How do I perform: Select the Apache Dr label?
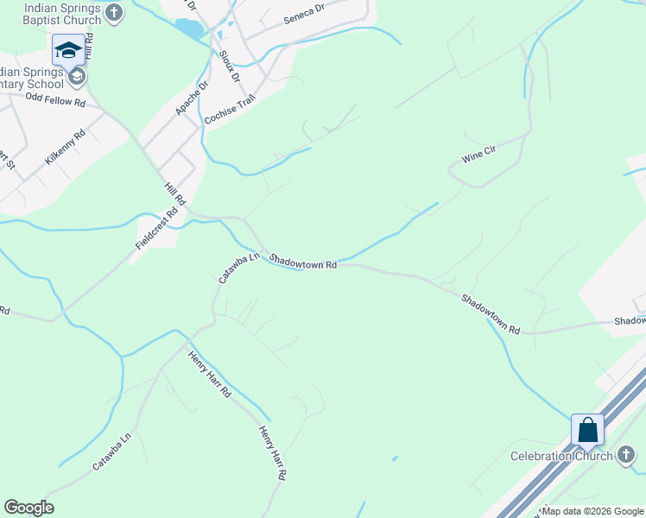[193, 98]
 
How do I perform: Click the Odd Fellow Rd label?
[56, 101]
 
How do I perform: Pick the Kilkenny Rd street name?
[66, 148]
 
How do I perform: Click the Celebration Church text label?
[560, 456]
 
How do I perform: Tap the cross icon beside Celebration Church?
[627, 456]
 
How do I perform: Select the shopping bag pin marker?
[587, 430]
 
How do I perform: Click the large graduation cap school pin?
[68, 50]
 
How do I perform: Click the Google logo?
[28, 508]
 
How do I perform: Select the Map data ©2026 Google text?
[593, 511]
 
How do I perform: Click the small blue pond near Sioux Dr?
[189, 28]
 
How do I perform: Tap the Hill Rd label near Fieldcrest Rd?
[175, 193]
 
